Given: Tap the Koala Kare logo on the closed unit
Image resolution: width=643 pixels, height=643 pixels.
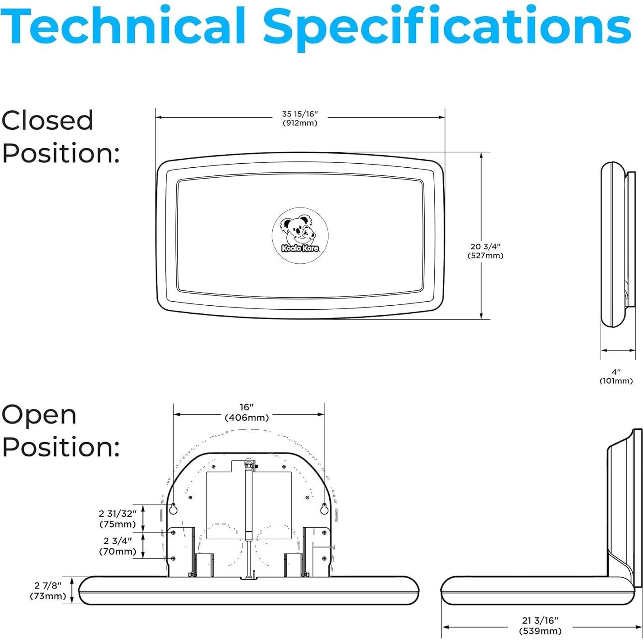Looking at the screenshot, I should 300,236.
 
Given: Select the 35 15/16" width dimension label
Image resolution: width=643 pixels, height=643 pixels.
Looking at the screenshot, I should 300,119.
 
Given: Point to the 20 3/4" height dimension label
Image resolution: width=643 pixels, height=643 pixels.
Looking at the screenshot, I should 485,251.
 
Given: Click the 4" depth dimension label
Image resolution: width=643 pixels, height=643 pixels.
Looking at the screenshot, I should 616,377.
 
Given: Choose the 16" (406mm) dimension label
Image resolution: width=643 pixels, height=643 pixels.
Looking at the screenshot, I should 247,413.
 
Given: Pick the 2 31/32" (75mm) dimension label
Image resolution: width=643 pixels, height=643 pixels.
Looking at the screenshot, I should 117,519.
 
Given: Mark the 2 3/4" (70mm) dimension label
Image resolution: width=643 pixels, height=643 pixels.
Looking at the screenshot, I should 117,546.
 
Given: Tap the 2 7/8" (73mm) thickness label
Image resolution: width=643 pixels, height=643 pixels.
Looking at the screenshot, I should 48,591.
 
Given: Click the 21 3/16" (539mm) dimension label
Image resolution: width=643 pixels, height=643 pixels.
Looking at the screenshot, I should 540,626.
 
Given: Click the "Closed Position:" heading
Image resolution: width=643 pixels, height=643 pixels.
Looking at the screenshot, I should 61,137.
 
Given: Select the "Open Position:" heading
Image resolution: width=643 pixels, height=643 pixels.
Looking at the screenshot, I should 61,431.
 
